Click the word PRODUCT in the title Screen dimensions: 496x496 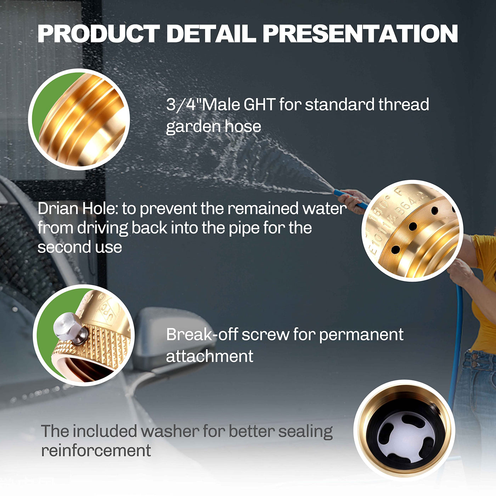tap(99, 33)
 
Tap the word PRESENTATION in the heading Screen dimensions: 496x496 tap(360, 33)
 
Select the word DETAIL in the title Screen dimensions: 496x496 tap(211, 33)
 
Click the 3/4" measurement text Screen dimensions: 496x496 tap(184, 105)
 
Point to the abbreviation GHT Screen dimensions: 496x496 tap(259, 105)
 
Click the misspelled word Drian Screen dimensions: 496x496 tap(58, 209)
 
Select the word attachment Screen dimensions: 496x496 tap(209, 356)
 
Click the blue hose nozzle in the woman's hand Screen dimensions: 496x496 tap(350, 198)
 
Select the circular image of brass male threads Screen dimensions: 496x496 tap(79, 120)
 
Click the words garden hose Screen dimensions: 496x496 tap(213, 127)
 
